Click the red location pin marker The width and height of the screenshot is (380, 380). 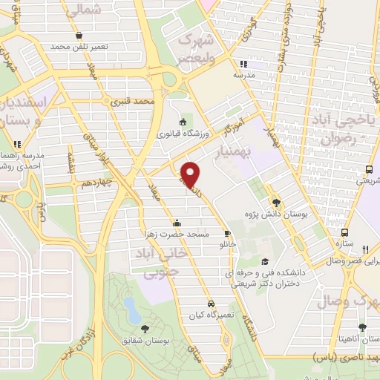(190, 174)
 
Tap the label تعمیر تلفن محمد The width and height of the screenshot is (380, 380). (79, 46)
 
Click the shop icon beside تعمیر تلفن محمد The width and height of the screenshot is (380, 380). (79, 34)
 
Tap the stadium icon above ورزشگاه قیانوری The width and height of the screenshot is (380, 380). (183, 122)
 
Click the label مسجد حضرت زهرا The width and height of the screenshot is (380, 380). (177, 234)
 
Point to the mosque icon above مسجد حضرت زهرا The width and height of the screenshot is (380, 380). (177, 223)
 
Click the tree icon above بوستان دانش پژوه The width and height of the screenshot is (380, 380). (276, 202)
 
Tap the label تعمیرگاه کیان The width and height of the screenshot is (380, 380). (212, 315)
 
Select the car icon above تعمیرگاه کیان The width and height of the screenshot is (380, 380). (212, 304)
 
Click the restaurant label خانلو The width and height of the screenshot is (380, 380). (226, 243)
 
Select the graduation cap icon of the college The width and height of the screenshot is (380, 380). (265, 261)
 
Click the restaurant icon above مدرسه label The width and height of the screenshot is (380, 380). (243, 65)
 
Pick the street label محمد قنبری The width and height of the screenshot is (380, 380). (134, 99)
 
